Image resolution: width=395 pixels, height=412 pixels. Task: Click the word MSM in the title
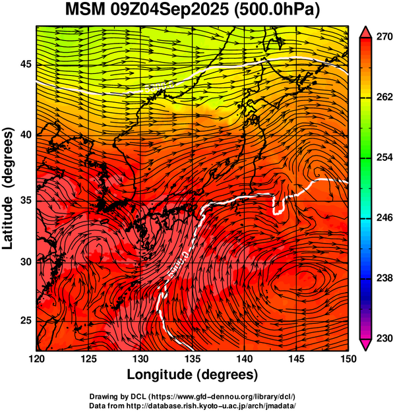pos(85,10)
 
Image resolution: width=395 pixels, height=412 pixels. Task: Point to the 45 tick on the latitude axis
pos(26,64)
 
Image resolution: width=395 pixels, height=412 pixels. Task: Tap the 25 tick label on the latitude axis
pos(26,321)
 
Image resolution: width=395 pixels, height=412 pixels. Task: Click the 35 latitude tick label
pos(26,200)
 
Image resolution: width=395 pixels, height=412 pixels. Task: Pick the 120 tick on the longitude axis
pos(36,359)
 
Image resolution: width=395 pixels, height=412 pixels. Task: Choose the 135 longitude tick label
pos(193,359)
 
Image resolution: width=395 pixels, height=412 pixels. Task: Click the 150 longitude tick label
pos(348,359)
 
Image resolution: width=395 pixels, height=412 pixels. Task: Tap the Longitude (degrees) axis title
pos(193,374)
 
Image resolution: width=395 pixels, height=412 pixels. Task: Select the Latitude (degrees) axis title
pos(8,189)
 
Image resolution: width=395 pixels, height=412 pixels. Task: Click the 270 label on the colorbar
pos(384,37)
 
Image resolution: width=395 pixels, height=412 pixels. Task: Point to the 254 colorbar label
pos(384,158)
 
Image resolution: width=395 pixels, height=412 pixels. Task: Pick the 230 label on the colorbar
pos(384,338)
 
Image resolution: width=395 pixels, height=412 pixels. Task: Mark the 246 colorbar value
pos(384,218)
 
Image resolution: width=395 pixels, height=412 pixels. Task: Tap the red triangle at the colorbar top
pos(365,32)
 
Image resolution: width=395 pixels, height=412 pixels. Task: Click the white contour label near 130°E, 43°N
pos(160,86)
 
